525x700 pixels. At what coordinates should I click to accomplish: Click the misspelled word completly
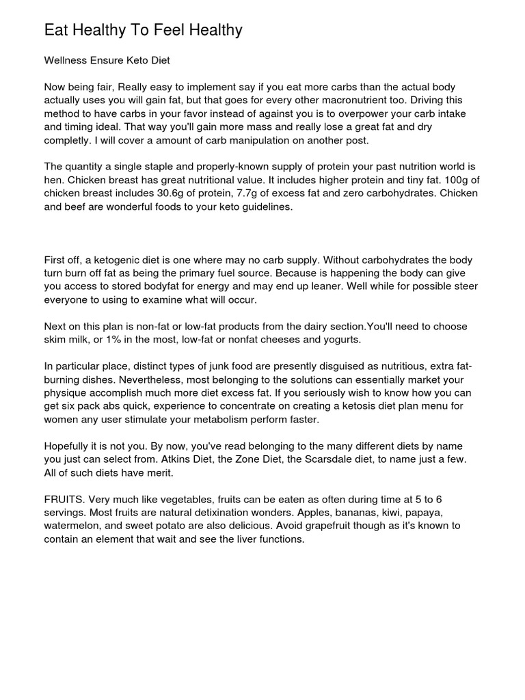point(68,140)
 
